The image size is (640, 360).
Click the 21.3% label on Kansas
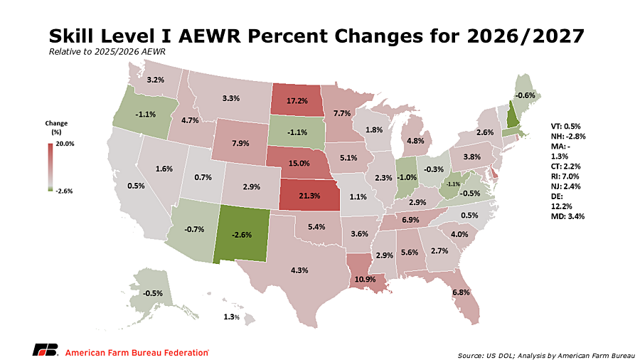click(309, 196)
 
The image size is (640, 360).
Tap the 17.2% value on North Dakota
click(297, 100)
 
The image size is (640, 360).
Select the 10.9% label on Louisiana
click(365, 280)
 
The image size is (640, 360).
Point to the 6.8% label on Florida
click(461, 292)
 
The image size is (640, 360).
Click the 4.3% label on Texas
click(299, 270)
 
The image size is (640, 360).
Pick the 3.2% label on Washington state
click(156, 80)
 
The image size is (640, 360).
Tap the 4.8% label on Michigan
click(415, 141)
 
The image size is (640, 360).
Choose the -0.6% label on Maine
click(525, 95)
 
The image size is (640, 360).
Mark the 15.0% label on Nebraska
click(299, 163)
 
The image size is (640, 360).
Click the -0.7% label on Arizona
click(194, 229)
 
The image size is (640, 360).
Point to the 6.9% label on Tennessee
click(410, 220)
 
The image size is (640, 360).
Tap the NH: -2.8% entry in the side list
click(568, 137)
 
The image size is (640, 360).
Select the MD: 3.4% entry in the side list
click(567, 216)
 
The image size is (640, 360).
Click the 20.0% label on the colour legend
click(65, 144)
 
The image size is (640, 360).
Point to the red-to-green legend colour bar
click(50, 167)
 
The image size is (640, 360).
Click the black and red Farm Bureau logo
click(46, 350)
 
